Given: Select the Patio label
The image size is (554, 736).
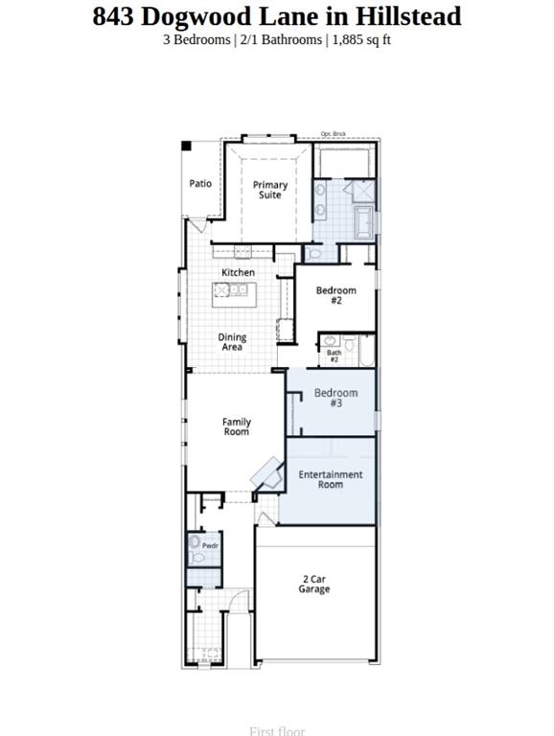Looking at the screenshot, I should pyautogui.click(x=200, y=184).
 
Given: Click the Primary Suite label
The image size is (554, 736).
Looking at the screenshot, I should pyautogui.click(x=270, y=190).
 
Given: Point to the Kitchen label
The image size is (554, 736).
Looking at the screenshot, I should pyautogui.click(x=238, y=273).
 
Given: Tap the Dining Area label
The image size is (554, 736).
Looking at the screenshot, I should pyautogui.click(x=232, y=342).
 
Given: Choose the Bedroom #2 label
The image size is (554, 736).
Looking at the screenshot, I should pyautogui.click(x=335, y=295).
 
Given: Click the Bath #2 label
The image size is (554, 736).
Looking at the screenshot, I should pyautogui.click(x=335, y=356).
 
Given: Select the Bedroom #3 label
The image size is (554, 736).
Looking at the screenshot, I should pyautogui.click(x=335, y=398).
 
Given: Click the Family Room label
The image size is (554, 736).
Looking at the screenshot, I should pyautogui.click(x=237, y=426).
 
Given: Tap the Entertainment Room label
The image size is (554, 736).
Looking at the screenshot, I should pyautogui.click(x=330, y=479).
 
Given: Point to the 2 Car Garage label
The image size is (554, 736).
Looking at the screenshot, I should pyautogui.click(x=313, y=584).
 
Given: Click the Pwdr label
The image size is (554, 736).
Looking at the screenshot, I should pyautogui.click(x=210, y=546).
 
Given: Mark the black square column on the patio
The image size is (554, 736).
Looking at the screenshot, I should pyautogui.click(x=187, y=147).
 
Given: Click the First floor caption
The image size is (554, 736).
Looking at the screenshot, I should pyautogui.click(x=276, y=731).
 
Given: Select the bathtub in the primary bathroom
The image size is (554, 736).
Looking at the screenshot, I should pyautogui.click(x=363, y=223).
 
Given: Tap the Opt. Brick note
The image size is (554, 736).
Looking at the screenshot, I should pyautogui.click(x=333, y=135).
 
